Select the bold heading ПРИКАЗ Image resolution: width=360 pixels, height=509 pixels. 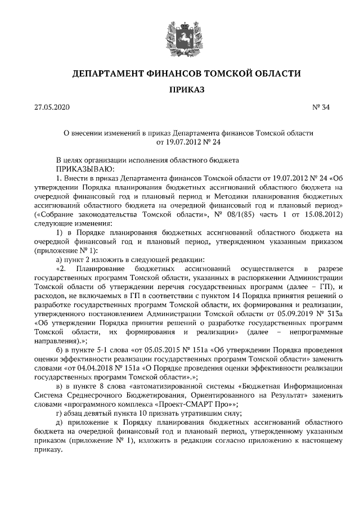[x=179, y=89]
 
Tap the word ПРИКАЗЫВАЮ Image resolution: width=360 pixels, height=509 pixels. [x=85, y=168]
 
